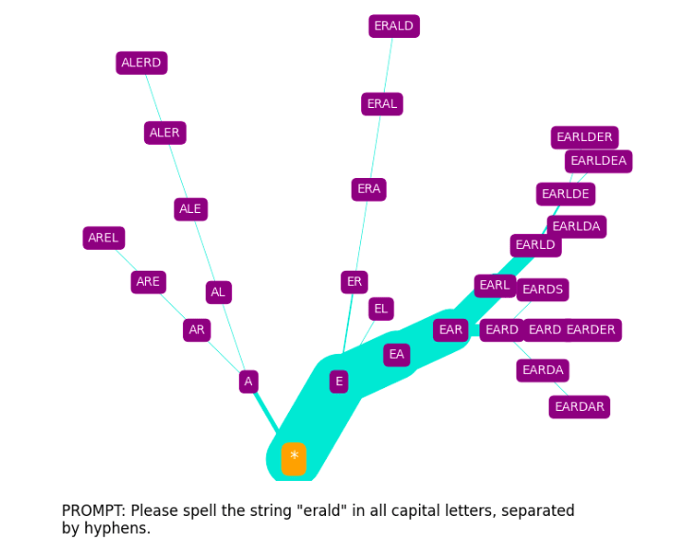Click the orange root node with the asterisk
tap(294, 458)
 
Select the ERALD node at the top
tap(393, 27)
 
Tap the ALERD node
tap(141, 63)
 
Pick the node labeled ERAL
tap(382, 104)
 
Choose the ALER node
tap(165, 133)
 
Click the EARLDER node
tap(584, 137)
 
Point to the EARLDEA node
tap(598, 162)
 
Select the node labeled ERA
tap(369, 189)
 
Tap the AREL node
tap(103, 239)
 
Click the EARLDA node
tap(576, 227)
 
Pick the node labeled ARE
tap(148, 282)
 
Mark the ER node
tap(354, 282)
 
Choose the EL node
tap(381, 309)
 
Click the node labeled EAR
tap(450, 330)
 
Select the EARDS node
tap(542, 290)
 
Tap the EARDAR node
tap(579, 407)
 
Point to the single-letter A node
tap(248, 381)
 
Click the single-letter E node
tap(338, 381)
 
